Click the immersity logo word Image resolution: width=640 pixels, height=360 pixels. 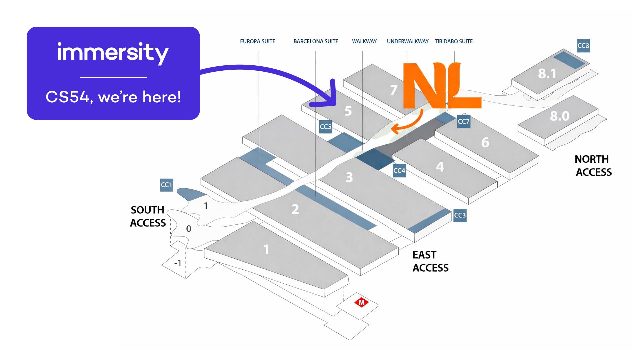(x=113, y=52)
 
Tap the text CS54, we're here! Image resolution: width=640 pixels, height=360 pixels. (x=113, y=97)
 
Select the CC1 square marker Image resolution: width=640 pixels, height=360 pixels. (x=166, y=185)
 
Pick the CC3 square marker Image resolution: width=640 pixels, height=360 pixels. (x=460, y=215)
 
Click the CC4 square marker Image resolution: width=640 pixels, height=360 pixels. (x=399, y=171)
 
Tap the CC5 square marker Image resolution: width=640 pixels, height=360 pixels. (x=325, y=127)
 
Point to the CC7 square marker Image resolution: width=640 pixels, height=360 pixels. (x=463, y=121)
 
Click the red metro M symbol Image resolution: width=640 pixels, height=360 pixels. (x=361, y=303)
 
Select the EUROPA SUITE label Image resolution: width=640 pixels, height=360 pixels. (x=258, y=41)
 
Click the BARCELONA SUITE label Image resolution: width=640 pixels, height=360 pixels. (x=316, y=41)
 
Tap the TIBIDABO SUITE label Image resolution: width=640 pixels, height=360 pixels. (x=453, y=41)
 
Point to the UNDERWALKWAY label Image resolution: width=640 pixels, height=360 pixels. (x=408, y=41)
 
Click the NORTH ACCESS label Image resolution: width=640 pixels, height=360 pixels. (x=593, y=165)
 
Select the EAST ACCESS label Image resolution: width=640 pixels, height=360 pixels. (x=430, y=261)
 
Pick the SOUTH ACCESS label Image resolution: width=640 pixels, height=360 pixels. (x=148, y=216)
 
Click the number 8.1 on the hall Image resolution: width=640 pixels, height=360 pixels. (x=547, y=74)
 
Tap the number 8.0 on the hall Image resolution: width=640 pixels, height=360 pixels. (x=559, y=116)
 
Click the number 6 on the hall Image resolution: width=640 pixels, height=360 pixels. (x=485, y=142)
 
